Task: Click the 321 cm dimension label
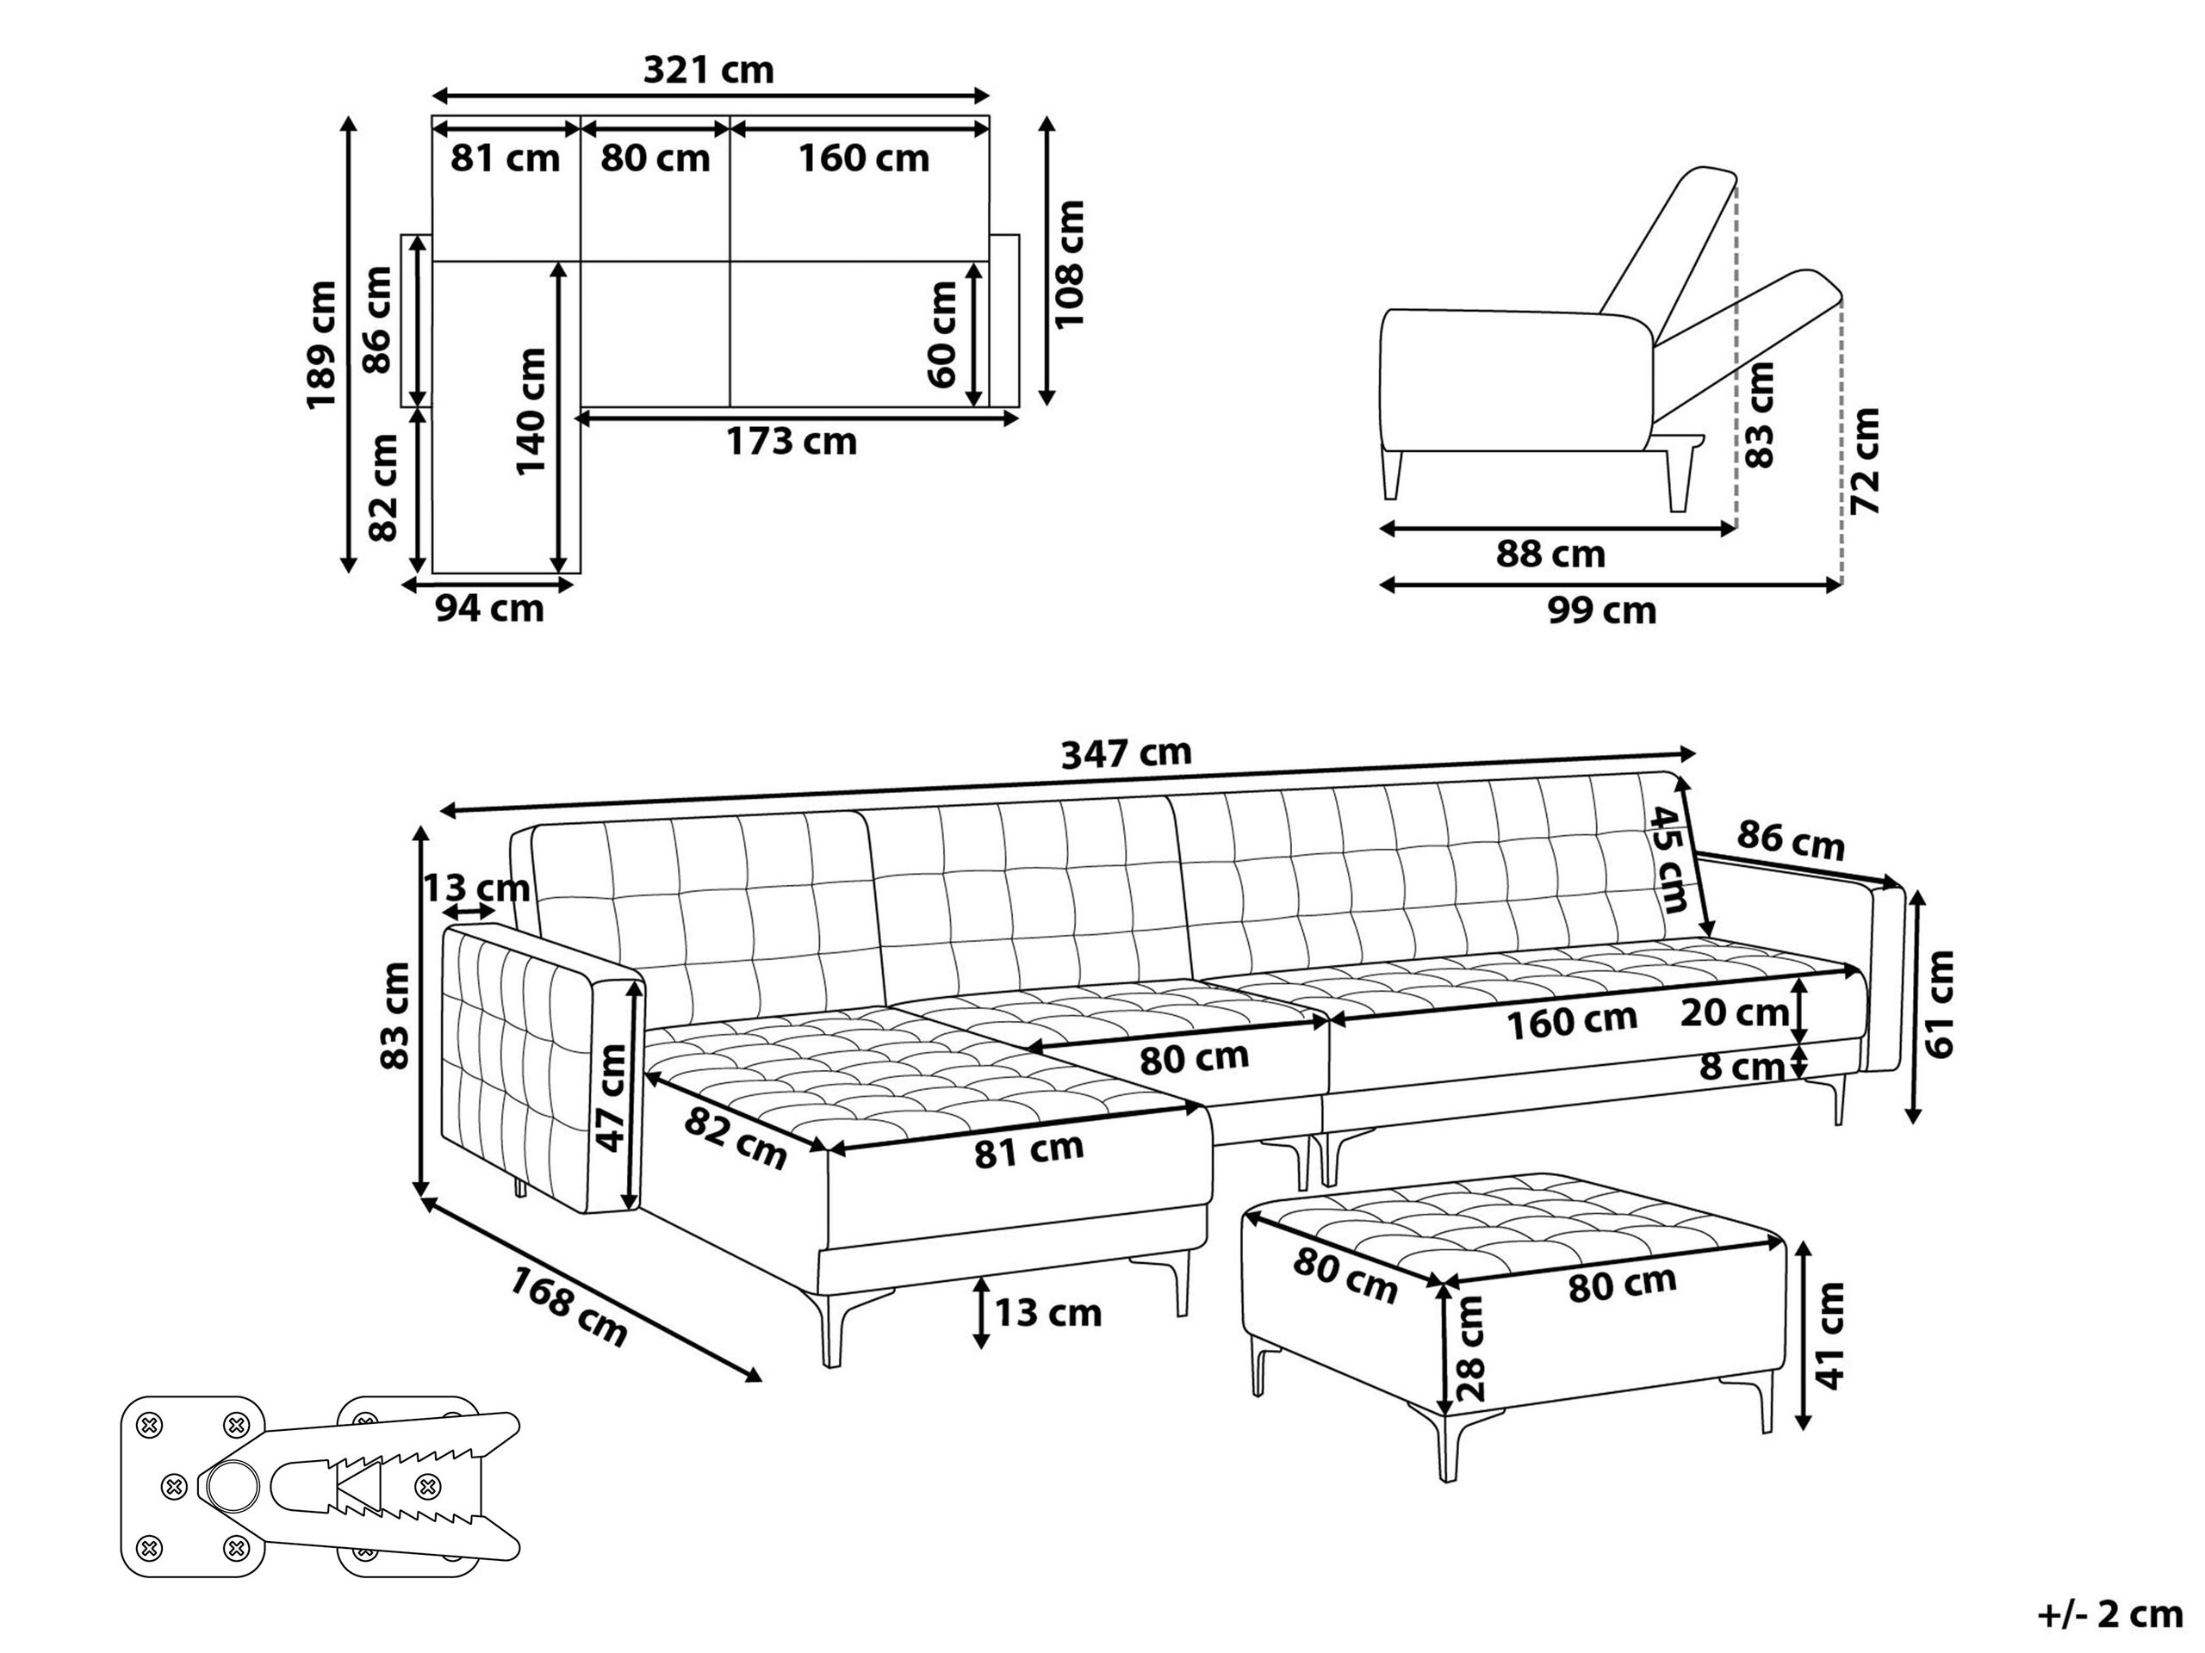click(x=708, y=70)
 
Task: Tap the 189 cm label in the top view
click(x=322, y=344)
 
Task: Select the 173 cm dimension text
click(x=791, y=442)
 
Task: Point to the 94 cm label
click(x=489, y=608)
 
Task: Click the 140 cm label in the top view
click(x=531, y=411)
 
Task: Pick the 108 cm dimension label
click(x=1069, y=263)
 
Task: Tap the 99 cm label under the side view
click(x=1602, y=610)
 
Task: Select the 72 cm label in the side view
click(x=1865, y=461)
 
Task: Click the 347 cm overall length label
click(x=1126, y=753)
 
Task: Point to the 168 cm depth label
click(x=569, y=1305)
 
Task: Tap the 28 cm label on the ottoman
click(x=1469, y=1348)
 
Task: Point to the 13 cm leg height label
click(x=1047, y=1313)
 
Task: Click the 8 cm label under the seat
click(x=1742, y=1067)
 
